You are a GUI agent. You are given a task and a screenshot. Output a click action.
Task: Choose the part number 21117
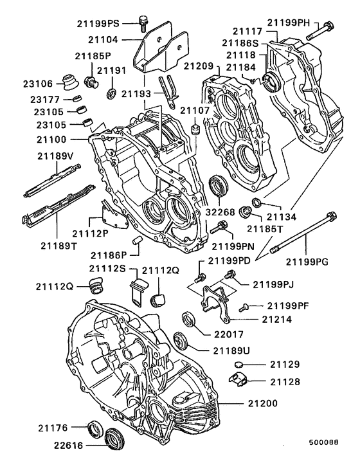(x=247, y=30)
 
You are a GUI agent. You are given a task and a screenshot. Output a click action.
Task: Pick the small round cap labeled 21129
(x=239, y=365)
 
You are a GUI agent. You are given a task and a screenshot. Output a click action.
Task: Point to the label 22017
(x=225, y=334)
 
